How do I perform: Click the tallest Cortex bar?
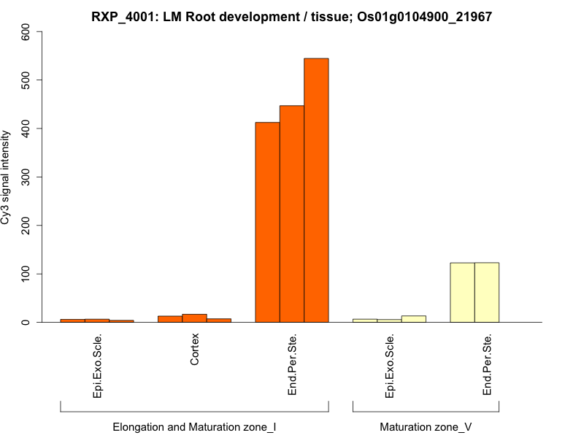coord(194,318)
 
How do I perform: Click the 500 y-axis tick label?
coord(26,80)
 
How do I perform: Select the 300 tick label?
coord(26,177)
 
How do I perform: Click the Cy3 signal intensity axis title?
coord(7,177)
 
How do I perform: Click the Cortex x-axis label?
coord(195,350)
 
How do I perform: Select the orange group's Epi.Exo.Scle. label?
coord(97,365)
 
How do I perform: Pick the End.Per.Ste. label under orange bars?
coord(292,365)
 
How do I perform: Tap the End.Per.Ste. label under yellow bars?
coord(487,365)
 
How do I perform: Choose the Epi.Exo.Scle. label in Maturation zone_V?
coord(389,365)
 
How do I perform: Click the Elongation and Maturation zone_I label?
coord(194,426)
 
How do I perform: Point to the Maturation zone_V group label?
coord(426,426)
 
